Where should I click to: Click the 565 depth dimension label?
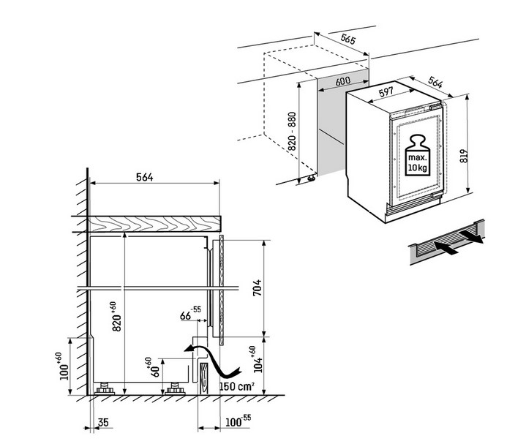348,41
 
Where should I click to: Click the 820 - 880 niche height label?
292,132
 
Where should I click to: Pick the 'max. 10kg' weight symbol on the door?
418,154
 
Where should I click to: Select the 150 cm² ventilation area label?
236,388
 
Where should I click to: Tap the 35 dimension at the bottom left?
103,424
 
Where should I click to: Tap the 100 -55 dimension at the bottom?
236,424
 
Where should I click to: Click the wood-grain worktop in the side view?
154,222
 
